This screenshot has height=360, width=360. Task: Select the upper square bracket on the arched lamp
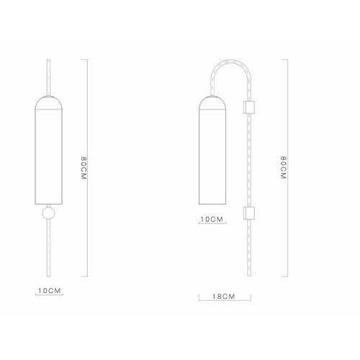250,107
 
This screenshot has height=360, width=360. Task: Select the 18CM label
224,296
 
